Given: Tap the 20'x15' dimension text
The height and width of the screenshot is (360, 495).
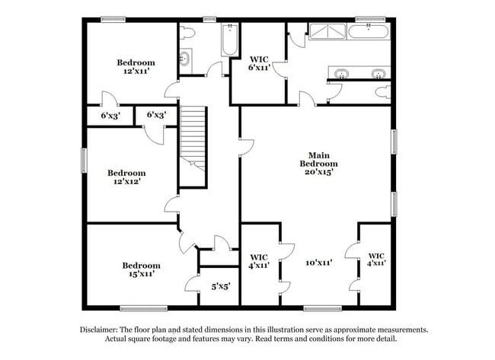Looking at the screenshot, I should click(318, 172).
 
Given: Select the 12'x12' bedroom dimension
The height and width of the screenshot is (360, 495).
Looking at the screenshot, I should click(126, 182).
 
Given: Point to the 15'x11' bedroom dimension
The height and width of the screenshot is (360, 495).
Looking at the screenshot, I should click(141, 274).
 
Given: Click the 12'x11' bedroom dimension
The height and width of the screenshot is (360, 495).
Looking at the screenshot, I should click(136, 71).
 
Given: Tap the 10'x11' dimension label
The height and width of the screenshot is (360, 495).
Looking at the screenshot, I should click(318, 262).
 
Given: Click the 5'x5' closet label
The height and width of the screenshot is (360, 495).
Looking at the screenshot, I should click(221, 286).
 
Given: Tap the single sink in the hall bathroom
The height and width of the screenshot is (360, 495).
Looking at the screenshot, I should click(185, 58).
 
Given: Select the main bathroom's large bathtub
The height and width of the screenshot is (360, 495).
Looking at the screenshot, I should click(369, 30).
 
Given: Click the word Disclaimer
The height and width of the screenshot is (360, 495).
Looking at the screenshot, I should click(100, 330).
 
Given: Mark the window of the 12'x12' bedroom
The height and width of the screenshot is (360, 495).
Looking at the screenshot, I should click(85, 163).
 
